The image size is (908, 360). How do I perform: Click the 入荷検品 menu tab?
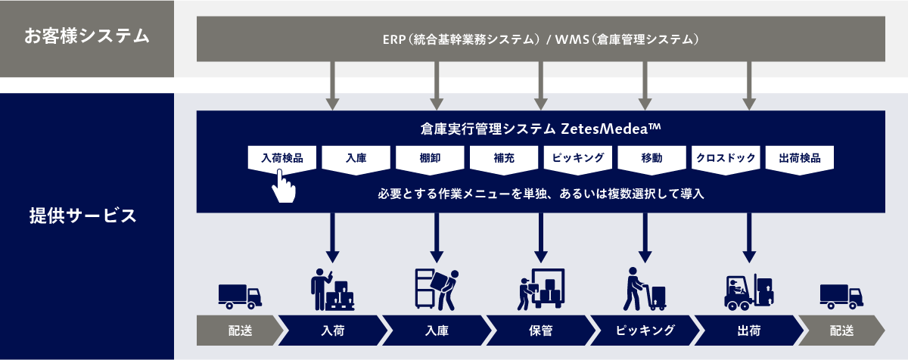[x=282, y=159]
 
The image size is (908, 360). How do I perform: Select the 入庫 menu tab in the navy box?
[x=356, y=159]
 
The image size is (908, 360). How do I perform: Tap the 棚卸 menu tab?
[x=430, y=159]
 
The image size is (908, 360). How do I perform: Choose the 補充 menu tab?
[x=504, y=159]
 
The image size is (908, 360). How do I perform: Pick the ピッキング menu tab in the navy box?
[x=577, y=159]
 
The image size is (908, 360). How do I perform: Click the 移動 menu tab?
[x=651, y=159]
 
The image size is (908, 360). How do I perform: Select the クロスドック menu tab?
[x=725, y=159]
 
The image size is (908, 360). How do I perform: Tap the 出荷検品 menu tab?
[x=799, y=159]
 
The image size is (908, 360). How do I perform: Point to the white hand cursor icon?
[x=283, y=186]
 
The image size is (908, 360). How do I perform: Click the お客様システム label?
[x=86, y=36]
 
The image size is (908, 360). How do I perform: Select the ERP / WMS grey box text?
[x=540, y=39]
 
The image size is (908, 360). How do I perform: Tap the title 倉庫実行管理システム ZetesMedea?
[x=540, y=129]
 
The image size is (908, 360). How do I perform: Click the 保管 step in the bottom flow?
[x=540, y=331]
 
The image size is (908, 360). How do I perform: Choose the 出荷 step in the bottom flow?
[x=748, y=331]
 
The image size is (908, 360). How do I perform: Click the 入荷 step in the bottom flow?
[x=332, y=331]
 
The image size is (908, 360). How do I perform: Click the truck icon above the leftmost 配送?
[x=240, y=296]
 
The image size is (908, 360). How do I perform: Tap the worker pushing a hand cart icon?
[x=644, y=288]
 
